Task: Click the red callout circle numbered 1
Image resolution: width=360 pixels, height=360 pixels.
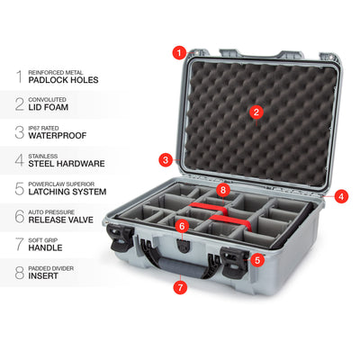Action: [x=179, y=53]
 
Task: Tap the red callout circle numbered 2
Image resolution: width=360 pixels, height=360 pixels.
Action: [x=256, y=112]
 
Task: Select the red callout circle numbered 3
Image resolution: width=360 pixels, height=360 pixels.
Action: [x=166, y=159]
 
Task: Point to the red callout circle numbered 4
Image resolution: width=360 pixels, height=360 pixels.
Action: [x=341, y=196]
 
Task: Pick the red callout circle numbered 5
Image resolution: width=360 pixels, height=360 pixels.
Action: [x=257, y=260]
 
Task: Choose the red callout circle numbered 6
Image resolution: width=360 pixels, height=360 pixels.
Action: [x=182, y=226]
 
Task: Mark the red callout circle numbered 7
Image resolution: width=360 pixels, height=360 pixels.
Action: [x=180, y=287]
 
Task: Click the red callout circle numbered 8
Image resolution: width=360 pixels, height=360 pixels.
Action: [x=223, y=190]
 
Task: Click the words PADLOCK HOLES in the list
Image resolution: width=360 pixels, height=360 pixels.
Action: [x=63, y=80]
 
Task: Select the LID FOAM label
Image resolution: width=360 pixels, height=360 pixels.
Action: [x=49, y=107]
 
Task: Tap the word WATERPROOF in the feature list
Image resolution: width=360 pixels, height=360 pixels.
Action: [x=58, y=136]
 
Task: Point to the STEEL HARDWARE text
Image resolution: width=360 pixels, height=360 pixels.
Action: [x=67, y=164]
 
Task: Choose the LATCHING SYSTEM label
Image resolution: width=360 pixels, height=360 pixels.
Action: [x=67, y=192]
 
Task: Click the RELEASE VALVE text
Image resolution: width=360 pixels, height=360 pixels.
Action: [x=61, y=220]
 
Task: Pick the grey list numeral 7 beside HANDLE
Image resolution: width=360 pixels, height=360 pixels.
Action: [x=20, y=244]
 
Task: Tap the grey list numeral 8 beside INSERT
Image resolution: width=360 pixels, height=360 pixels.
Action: [x=20, y=273]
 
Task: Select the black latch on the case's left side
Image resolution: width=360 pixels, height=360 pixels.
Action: [x=120, y=237]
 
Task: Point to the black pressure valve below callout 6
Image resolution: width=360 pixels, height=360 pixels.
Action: [x=183, y=246]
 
